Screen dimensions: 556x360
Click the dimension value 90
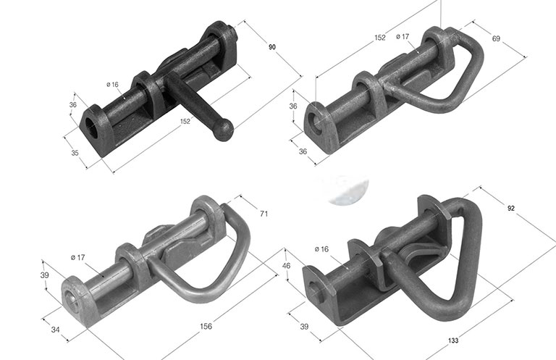[272, 47]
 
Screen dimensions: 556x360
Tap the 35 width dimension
[75, 153]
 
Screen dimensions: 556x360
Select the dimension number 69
[496, 38]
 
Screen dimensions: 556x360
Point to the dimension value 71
[264, 214]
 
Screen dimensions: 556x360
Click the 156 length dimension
[206, 326]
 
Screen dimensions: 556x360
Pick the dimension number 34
[55, 330]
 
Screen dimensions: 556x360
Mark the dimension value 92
[511, 209]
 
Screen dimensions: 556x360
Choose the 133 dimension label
[453, 340]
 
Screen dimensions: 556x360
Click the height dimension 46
[286, 265]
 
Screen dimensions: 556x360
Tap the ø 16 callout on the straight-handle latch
[112, 85]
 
